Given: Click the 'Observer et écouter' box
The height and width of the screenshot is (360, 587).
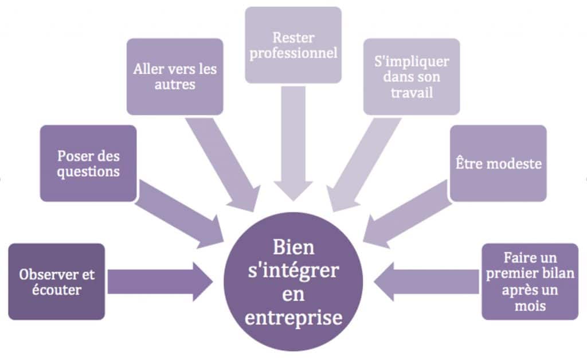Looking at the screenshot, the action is (x=57, y=281).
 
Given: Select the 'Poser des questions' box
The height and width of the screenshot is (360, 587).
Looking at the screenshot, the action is (x=88, y=163).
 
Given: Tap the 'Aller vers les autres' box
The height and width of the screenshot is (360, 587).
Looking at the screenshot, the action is (x=175, y=76).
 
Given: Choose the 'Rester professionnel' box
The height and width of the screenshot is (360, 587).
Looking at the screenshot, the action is (x=293, y=45).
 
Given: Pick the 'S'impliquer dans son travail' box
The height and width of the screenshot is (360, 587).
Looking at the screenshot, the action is (x=412, y=76).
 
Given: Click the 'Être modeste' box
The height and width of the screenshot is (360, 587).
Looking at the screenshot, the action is (x=498, y=163).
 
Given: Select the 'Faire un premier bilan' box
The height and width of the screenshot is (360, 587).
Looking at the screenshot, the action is (x=530, y=281).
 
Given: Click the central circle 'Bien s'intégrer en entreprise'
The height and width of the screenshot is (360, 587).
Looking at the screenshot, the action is (x=293, y=282).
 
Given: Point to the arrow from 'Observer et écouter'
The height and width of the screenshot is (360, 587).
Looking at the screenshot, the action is (x=161, y=282).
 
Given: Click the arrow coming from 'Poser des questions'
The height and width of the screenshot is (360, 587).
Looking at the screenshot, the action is (x=179, y=214).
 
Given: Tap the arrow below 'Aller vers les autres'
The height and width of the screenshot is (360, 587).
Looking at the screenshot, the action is (x=223, y=165).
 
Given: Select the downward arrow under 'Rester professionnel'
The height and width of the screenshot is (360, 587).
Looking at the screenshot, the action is (x=293, y=144).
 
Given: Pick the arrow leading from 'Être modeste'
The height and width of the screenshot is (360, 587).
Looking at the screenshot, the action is (x=408, y=214).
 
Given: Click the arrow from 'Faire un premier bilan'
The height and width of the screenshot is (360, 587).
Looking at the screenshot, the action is (x=426, y=282).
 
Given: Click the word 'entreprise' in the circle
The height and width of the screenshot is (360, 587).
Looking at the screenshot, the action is (x=293, y=318).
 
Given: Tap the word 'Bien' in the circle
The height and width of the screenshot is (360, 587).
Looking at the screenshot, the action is (x=293, y=248).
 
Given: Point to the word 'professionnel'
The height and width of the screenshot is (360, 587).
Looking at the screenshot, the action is (x=293, y=53).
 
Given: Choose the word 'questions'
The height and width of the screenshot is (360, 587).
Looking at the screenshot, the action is (x=88, y=172).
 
